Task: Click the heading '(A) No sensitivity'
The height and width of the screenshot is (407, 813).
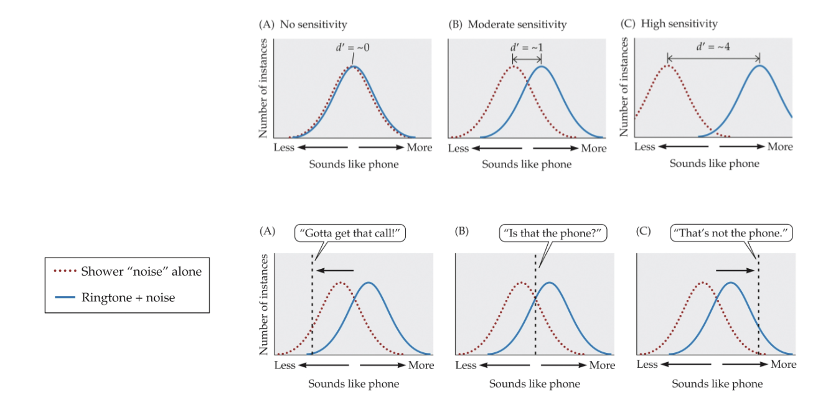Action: click(303, 25)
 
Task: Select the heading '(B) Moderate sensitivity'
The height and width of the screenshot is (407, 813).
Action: click(507, 25)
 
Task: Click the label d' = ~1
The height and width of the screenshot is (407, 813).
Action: click(527, 48)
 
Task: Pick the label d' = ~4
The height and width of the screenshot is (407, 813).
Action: click(714, 47)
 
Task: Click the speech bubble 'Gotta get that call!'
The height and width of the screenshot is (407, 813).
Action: click(350, 234)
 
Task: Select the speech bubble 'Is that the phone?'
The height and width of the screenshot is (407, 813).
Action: click(553, 234)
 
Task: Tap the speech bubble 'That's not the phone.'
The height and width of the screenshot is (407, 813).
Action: click(732, 234)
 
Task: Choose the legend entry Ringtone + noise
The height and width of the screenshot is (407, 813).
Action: click(128, 297)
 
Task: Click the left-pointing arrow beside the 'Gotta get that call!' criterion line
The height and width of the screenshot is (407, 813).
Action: click(335, 271)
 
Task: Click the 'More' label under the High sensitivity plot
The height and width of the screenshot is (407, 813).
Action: click(780, 147)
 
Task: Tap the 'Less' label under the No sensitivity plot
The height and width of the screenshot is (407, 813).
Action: click(284, 147)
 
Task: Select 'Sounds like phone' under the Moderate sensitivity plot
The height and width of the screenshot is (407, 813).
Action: click(526, 164)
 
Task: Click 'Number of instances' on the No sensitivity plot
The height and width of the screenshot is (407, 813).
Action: click(263, 88)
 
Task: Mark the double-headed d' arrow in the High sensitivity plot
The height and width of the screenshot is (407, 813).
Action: click(713, 58)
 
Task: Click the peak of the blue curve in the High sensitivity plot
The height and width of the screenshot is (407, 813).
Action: click(759, 65)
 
